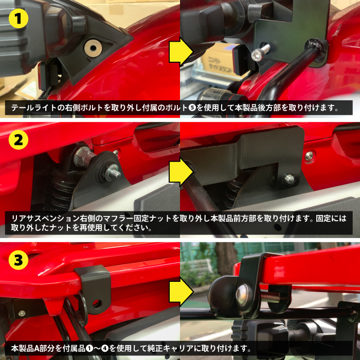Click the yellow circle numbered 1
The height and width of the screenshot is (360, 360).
(19, 19)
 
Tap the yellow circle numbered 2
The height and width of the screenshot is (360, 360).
(19, 139)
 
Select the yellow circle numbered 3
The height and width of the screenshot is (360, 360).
(19, 260)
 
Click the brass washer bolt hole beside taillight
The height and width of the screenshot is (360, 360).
(93, 48)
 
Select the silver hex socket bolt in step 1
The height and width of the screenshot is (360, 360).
(261, 52)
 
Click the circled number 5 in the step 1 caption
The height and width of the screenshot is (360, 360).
(192, 107)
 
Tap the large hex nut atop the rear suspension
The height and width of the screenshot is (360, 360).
(83, 156)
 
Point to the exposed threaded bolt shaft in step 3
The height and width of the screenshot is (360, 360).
(271, 298)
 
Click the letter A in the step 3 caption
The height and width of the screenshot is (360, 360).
(38, 349)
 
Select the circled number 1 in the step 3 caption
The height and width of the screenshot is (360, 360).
(89, 349)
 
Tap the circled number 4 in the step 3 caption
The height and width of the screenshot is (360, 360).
(105, 349)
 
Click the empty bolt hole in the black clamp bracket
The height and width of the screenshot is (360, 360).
(97, 304)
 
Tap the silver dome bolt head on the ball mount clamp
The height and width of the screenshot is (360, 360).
(243, 294)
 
